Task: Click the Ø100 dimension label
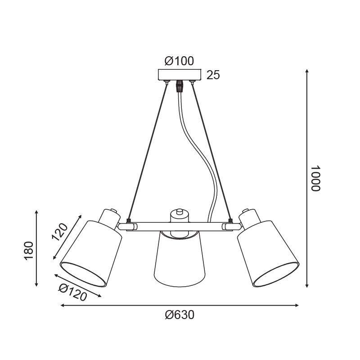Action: coord(179,61)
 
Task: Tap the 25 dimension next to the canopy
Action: coord(213,75)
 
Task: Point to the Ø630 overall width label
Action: coord(180,315)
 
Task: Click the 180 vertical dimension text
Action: coord(29,251)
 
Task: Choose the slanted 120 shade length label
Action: coord(60,232)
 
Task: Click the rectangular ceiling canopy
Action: coord(180,75)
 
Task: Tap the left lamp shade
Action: coord(91,254)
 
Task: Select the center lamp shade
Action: coord(180,260)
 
